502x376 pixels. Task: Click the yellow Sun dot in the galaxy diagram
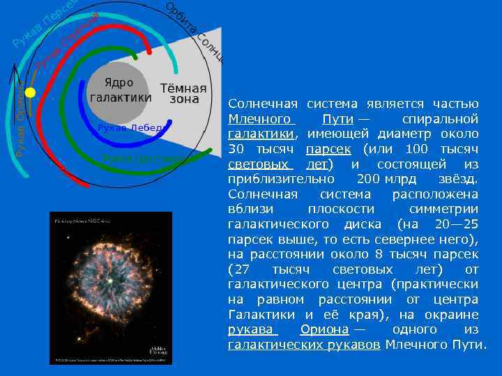pyautogui.click(x=30, y=92)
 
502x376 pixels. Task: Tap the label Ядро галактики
pyautogui.click(x=120, y=90)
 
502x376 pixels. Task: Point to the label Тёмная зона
pyautogui.click(x=183, y=94)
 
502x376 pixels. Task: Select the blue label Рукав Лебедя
pyautogui.click(x=130, y=127)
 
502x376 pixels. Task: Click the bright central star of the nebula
pyautogui.click(x=110, y=289)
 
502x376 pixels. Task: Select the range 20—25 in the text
pyautogui.click(x=457, y=224)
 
